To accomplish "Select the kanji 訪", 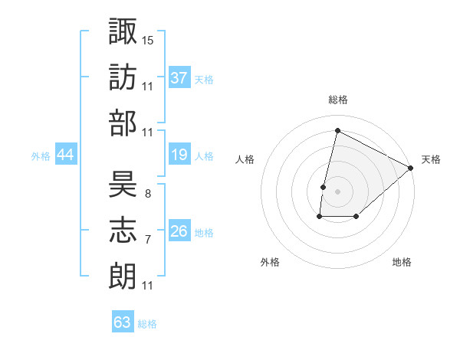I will pos(123,77).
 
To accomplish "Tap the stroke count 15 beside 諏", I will pos(148,38).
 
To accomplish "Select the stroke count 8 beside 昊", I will pos(147,193).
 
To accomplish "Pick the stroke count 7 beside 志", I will pos(147,240).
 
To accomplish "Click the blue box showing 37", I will pos(179,77).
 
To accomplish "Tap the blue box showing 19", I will pos(179,155).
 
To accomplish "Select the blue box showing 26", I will pos(179,231).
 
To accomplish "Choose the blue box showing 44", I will pos(65,155).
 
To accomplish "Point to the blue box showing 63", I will pos(122,322).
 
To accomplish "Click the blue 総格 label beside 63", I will pos(147,324).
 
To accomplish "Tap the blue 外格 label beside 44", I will pos(41,156).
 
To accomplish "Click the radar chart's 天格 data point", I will pos(412,169).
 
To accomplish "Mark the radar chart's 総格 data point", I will pos(337,131).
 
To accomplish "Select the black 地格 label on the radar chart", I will pos(402,262).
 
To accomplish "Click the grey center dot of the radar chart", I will pos(337,191).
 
